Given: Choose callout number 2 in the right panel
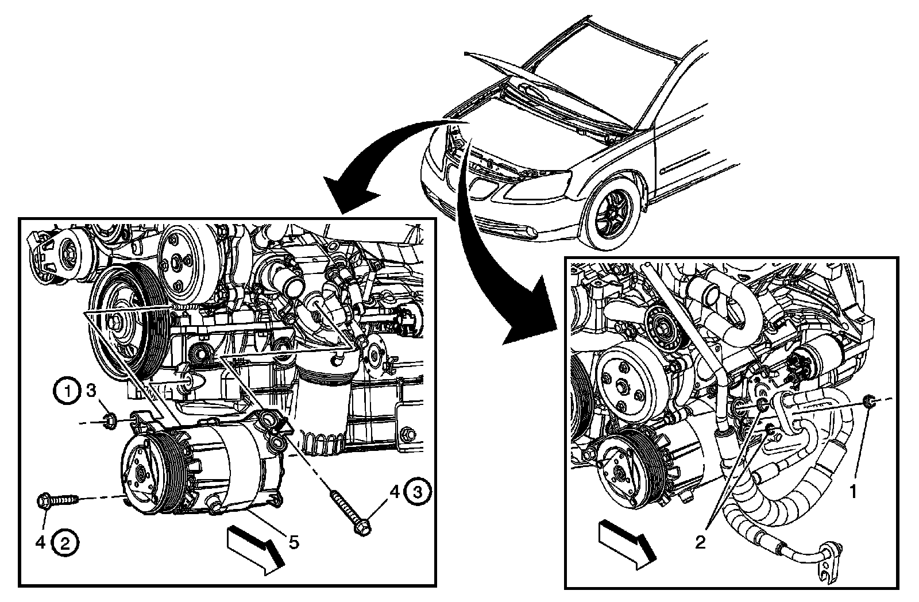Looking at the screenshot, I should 700,542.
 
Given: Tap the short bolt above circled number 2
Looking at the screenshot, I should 57,500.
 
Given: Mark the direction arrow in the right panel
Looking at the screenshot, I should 627,543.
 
